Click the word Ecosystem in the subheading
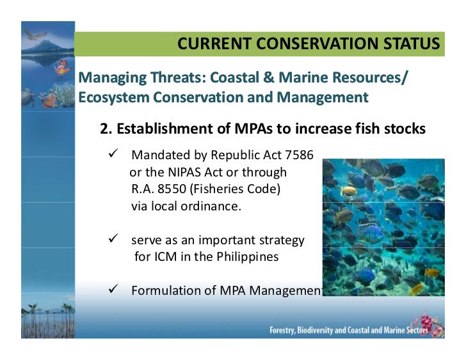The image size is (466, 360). [x=108, y=98]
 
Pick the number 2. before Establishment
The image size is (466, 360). [x=106, y=129]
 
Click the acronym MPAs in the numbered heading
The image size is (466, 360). [x=253, y=129]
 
